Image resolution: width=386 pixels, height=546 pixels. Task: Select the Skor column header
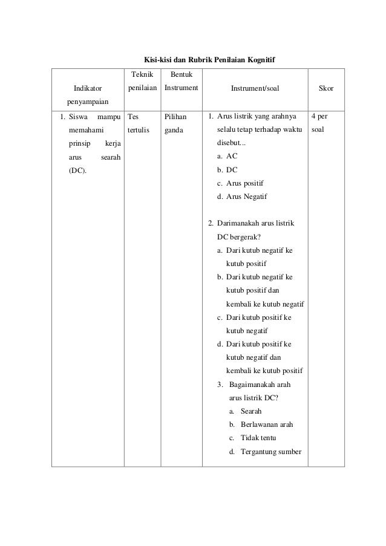click(325, 89)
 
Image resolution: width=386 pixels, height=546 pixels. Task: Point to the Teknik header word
click(142, 75)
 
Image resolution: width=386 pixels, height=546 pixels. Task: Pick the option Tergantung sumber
click(270, 452)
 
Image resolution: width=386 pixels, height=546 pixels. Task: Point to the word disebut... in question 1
click(232, 143)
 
